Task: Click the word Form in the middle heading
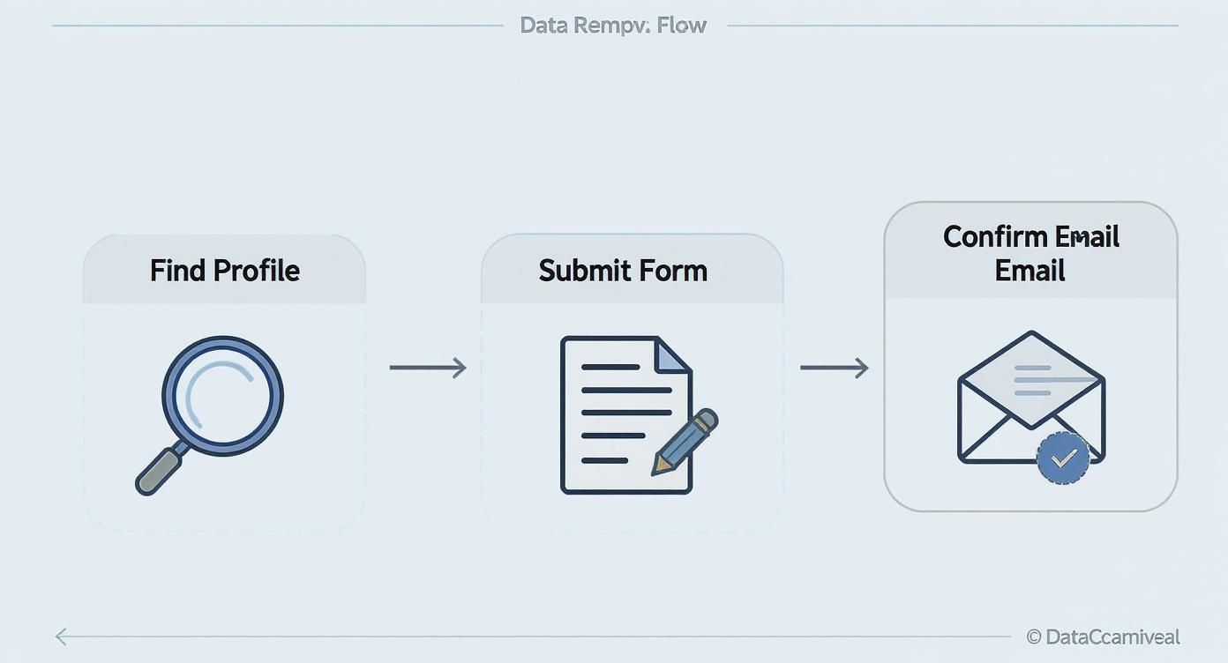[675, 270]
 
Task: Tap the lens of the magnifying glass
[222, 396]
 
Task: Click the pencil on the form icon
[686, 442]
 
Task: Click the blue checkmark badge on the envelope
[1063, 458]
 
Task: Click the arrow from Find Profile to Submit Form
[428, 368]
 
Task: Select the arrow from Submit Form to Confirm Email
[834, 368]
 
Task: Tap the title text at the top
[613, 25]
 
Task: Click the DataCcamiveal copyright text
[1112, 637]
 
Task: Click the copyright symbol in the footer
[1034, 637]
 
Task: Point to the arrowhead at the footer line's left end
[61, 637]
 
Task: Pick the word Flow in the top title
[682, 25]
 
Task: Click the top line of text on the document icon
[610, 367]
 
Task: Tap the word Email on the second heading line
[1030, 270]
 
